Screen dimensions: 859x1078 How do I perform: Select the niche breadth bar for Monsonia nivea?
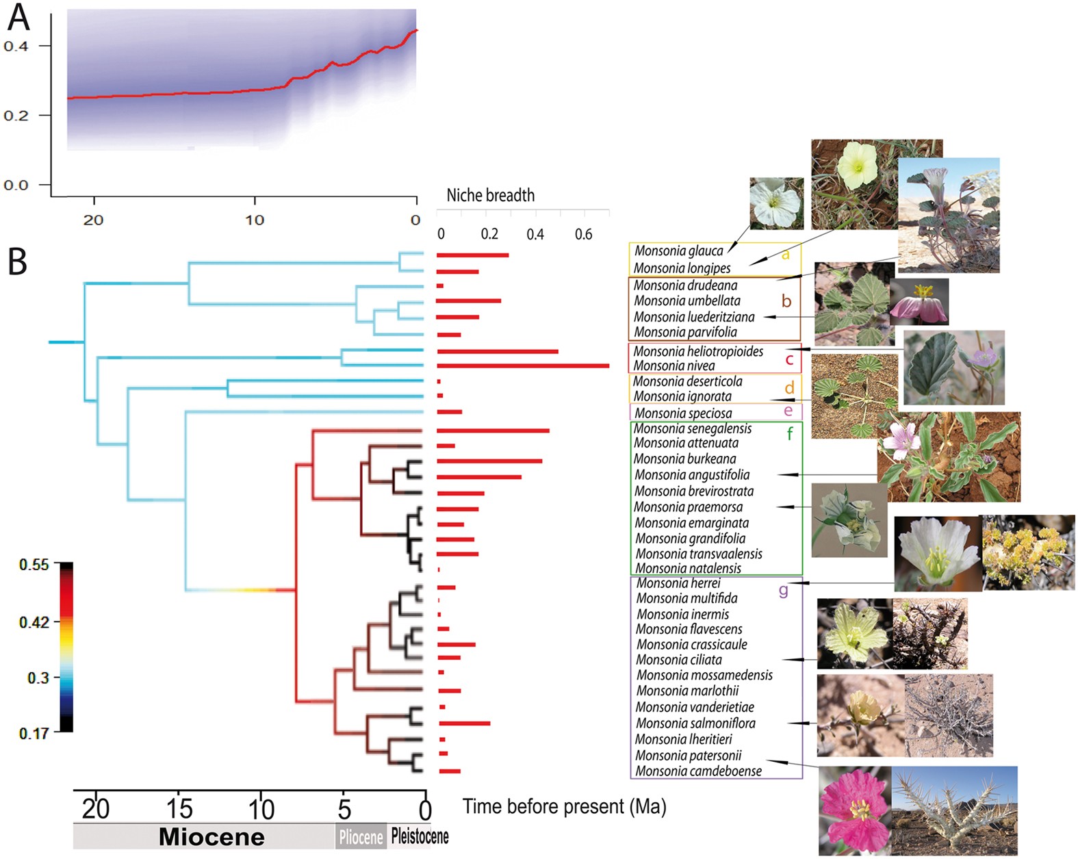point(522,366)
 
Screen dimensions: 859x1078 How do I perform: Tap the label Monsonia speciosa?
point(682,413)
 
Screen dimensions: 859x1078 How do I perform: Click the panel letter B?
point(18,261)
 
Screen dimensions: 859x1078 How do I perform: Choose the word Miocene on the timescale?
point(211,837)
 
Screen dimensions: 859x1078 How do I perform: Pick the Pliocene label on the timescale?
point(361,837)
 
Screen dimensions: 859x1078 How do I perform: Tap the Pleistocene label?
point(420,836)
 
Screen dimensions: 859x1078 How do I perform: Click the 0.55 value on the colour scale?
point(34,565)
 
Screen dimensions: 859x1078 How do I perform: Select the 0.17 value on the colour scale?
point(34,733)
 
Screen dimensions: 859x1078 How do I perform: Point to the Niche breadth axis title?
point(490,196)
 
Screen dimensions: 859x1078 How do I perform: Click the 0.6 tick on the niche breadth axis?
point(583,234)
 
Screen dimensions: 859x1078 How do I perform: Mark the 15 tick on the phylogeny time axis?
point(179,809)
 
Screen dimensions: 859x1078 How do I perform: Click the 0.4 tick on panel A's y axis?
point(16,47)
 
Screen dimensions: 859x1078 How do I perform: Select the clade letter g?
point(783,590)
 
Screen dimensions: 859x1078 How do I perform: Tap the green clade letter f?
point(790,433)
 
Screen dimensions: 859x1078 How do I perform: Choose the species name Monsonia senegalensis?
point(692,429)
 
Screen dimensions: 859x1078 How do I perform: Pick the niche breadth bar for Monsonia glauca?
point(472,255)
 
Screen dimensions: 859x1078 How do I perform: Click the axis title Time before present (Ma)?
point(564,807)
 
